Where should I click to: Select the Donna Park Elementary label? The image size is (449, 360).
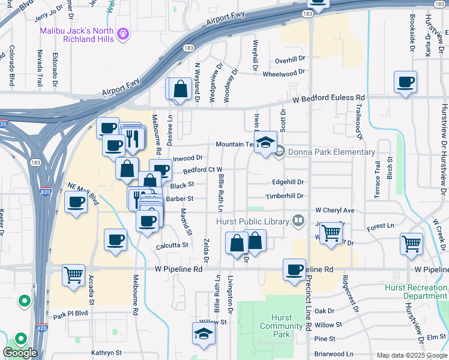click(331, 152)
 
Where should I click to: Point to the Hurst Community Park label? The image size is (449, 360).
click(281, 326)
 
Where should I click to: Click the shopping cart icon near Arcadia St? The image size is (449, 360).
click(73, 275)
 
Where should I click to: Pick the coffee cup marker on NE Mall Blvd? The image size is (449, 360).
click(76, 203)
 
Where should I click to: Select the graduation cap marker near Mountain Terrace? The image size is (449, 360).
click(265, 143)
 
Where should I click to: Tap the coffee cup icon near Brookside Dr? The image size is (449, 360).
click(405, 82)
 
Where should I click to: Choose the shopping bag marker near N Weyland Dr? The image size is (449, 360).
click(180, 89)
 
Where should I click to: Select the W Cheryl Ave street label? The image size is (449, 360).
click(335, 211)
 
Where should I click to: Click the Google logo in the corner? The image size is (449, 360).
click(20, 353)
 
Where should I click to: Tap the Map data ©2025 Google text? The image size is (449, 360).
click(411, 355)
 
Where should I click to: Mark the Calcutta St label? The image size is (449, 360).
click(173, 245)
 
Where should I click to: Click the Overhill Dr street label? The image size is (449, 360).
click(291, 61)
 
